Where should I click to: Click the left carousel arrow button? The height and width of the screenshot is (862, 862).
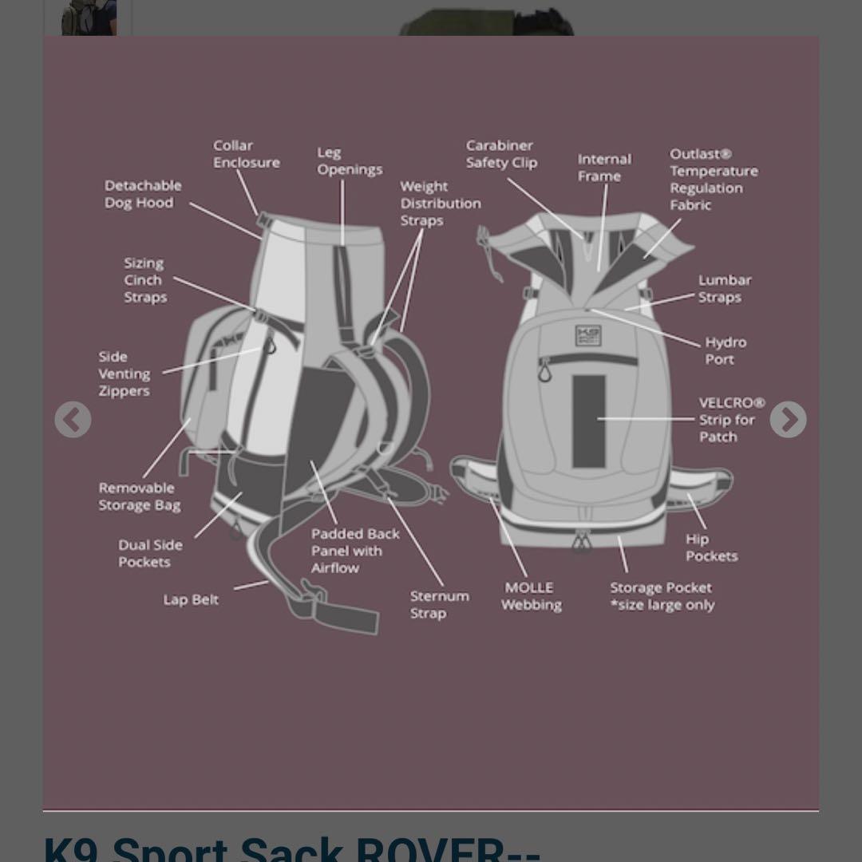[73, 420]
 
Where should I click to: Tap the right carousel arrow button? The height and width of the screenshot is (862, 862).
[788, 420]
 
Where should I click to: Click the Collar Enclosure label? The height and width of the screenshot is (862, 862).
[246, 154]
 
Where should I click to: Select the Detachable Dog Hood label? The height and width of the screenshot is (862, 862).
[143, 194]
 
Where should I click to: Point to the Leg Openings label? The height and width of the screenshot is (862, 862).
[350, 161]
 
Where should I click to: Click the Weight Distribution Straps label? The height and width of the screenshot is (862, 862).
[440, 204]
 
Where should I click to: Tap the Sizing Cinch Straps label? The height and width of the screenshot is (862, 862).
[145, 280]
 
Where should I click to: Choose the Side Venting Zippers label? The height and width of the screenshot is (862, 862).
[125, 374]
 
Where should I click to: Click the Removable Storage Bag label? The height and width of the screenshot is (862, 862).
[140, 496]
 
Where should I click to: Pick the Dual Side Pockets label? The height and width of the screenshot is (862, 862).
[150, 553]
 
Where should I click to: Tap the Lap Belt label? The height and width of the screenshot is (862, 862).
[191, 599]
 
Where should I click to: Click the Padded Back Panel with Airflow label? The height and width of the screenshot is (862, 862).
[355, 551]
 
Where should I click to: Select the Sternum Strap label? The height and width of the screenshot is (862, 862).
[439, 604]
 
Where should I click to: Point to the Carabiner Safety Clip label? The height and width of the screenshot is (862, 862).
[501, 154]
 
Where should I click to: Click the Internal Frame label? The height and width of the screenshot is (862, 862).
[604, 168]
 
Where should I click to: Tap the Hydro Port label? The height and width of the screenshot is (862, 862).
[725, 350]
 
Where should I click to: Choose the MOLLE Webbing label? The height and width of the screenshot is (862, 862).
[531, 596]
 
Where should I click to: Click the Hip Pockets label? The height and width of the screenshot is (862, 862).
[711, 548]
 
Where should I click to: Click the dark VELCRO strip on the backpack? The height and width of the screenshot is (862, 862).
[588, 420]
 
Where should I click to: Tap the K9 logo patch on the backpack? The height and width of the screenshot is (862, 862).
[588, 336]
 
